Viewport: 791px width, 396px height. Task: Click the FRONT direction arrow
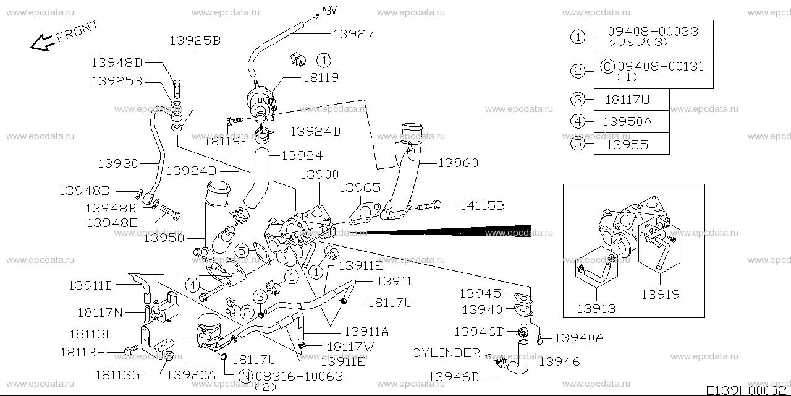(x=42, y=42)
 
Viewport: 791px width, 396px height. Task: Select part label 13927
(x=353, y=34)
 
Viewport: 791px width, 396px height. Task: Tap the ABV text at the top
(x=329, y=10)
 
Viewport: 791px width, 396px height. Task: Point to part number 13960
(x=458, y=163)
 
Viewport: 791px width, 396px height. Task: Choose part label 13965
(x=360, y=187)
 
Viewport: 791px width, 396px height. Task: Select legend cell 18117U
(x=627, y=100)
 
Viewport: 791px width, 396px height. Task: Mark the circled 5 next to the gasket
(x=242, y=251)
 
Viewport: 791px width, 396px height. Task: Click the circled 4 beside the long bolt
(x=193, y=285)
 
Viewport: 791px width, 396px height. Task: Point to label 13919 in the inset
(x=661, y=295)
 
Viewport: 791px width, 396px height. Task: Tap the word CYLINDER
(x=446, y=353)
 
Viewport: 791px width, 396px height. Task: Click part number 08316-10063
(x=298, y=375)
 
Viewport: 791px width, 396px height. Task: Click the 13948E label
(x=111, y=222)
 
